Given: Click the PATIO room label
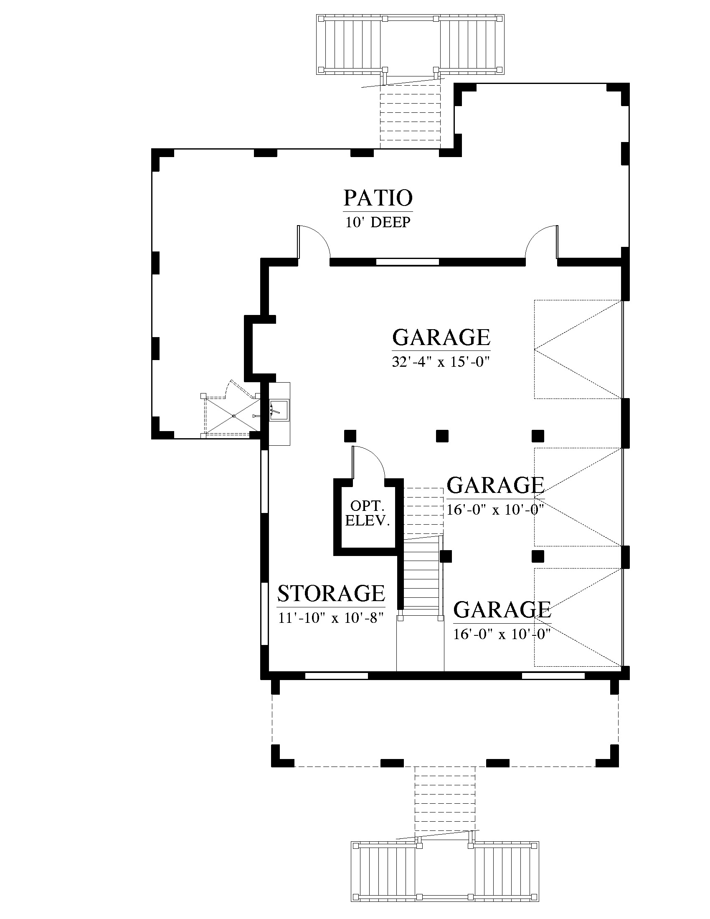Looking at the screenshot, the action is [378, 198].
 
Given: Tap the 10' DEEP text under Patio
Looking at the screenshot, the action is [378, 222].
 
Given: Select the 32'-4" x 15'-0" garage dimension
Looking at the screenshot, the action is [441, 362].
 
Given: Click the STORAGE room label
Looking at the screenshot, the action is [331, 593].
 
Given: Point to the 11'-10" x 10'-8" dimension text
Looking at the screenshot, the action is [331, 618].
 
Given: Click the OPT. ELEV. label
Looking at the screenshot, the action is [368, 513].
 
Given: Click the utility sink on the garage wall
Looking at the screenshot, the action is [279, 410].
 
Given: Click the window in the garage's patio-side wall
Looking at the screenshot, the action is [407, 262].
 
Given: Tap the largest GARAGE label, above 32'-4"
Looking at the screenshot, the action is [441, 337].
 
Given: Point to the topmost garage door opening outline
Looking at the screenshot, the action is [578, 349].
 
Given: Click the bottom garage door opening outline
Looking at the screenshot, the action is [578, 617].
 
